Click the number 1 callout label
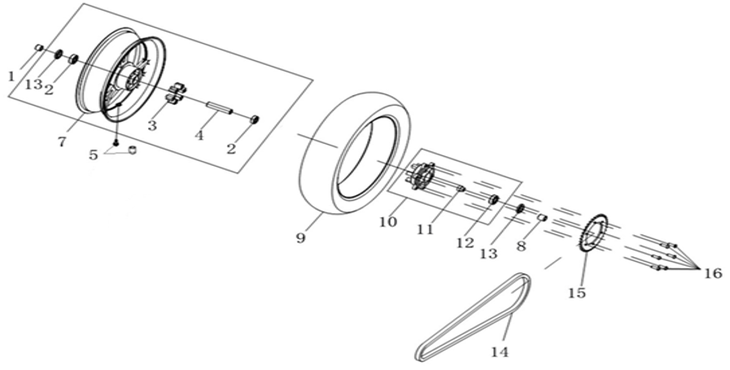tap(11, 76)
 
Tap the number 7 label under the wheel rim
tap(63, 141)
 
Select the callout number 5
tap(94, 155)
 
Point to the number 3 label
tap(152, 124)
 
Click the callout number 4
tap(199, 136)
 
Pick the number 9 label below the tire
tap(301, 237)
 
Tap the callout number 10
tap(388, 221)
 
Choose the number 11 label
tap(426, 229)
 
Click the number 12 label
tap(465, 242)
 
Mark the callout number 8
tap(521, 246)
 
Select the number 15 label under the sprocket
tap(576, 293)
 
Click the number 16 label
tap(713, 273)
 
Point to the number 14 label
tap(500, 351)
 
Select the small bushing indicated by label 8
tap(542, 217)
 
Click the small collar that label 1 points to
tap(40, 47)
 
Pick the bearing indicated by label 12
tap(493, 200)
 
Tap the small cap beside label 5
tap(133, 150)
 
